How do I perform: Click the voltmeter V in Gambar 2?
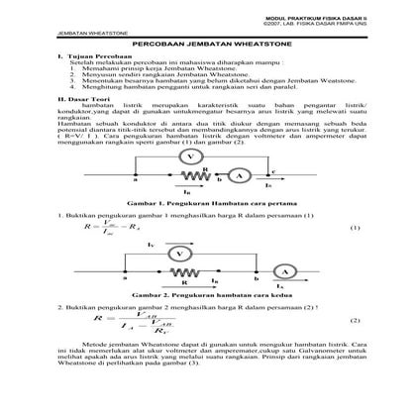(x=178, y=255)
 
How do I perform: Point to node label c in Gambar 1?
(x=272, y=171)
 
